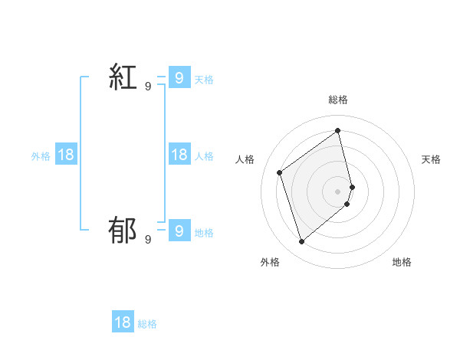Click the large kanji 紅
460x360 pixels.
(x=123, y=77)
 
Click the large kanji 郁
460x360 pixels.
(x=123, y=230)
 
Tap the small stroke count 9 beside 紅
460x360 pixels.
(x=148, y=87)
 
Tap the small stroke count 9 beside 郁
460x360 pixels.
(x=148, y=240)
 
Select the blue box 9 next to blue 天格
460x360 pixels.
(x=179, y=77)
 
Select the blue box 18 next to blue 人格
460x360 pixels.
(x=179, y=155)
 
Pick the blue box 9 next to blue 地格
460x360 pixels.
(x=179, y=230)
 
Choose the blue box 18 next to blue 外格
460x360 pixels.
(x=66, y=155)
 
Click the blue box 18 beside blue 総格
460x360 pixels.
(x=123, y=322)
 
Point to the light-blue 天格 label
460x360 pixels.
(x=204, y=79)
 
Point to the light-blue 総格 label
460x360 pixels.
(x=147, y=324)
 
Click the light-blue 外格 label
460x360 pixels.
(x=41, y=156)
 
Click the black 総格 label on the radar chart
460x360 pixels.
(x=338, y=100)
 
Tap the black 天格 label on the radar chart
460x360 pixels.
(x=432, y=159)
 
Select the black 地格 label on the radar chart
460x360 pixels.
(x=402, y=262)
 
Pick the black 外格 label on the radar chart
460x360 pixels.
(x=270, y=262)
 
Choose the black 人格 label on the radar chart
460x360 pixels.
(x=245, y=159)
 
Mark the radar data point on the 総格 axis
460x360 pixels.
(x=338, y=129)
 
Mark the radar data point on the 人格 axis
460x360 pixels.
(x=279, y=172)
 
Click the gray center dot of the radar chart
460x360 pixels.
(x=338, y=191)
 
